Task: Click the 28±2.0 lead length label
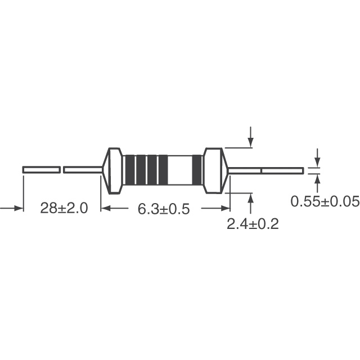coord(64,209)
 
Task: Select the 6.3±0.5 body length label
coord(164,209)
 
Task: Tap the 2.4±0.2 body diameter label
coord(253,224)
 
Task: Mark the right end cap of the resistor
coord(214,170)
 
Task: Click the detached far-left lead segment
coord(41,169)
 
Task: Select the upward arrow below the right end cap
coord(250,200)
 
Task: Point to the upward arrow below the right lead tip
coord(317,182)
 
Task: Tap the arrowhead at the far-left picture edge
coord(17,209)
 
